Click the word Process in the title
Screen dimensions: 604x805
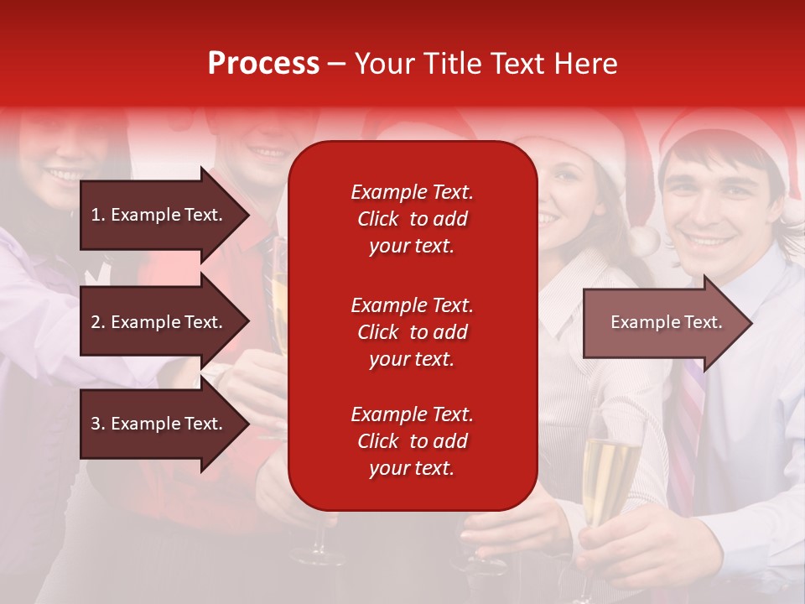point(263,64)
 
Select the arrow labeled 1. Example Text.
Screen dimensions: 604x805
point(159,215)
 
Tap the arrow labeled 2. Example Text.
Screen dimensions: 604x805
point(159,322)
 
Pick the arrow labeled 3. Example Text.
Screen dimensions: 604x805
point(159,424)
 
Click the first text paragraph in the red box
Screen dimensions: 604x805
point(412,219)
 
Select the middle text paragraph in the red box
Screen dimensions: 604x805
point(412,332)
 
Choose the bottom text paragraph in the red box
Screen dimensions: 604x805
point(412,441)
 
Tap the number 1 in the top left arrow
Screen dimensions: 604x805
point(96,215)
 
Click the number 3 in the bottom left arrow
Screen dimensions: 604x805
point(96,424)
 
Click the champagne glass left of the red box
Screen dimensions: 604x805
point(278,302)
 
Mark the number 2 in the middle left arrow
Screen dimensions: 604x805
point(96,322)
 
